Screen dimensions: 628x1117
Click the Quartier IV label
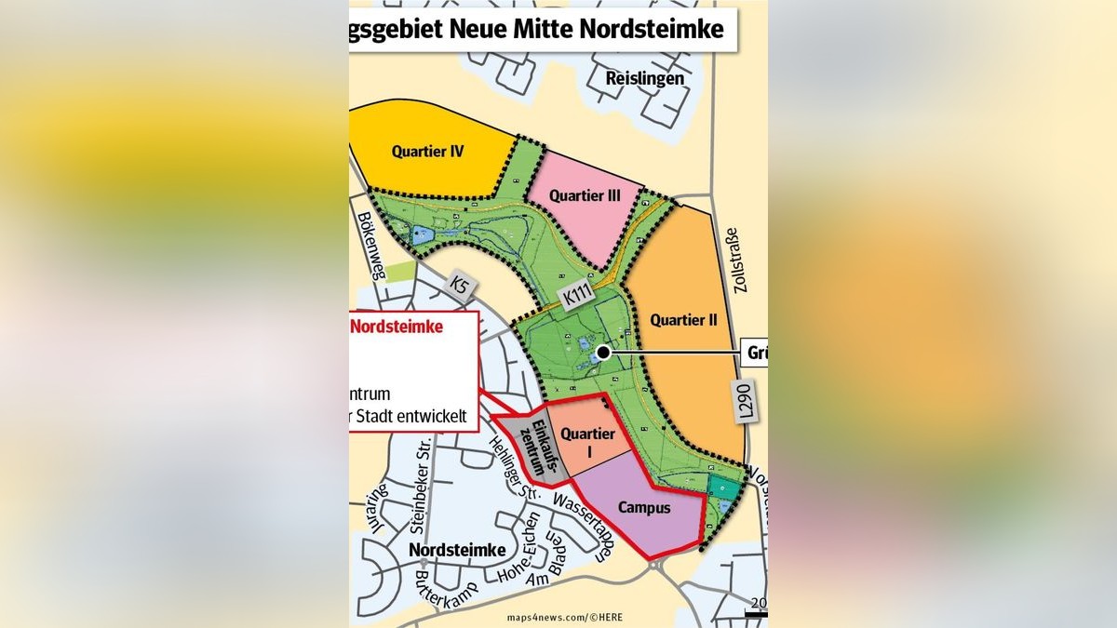[x=427, y=151]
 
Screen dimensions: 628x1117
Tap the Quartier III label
[x=585, y=195]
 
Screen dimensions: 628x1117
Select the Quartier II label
[x=683, y=320]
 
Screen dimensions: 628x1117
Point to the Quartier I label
[x=588, y=442]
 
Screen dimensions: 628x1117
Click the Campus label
[x=643, y=508]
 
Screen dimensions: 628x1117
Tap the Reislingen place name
[x=644, y=78]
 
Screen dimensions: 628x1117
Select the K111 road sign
[x=576, y=297]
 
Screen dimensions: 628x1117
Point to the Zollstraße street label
[x=741, y=261]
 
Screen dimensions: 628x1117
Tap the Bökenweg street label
[x=370, y=245]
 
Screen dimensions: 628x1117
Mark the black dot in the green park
[x=603, y=353]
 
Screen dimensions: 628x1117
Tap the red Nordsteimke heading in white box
[x=396, y=327]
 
